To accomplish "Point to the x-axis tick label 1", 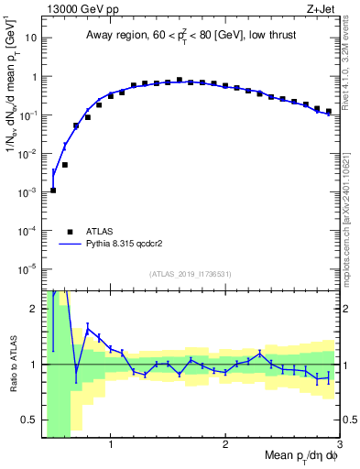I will click(x=111, y=446).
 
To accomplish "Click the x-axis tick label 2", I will click(x=225, y=446).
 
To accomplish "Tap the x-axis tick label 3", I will click(x=338, y=446).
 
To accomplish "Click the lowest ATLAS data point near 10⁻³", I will click(x=53, y=190).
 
